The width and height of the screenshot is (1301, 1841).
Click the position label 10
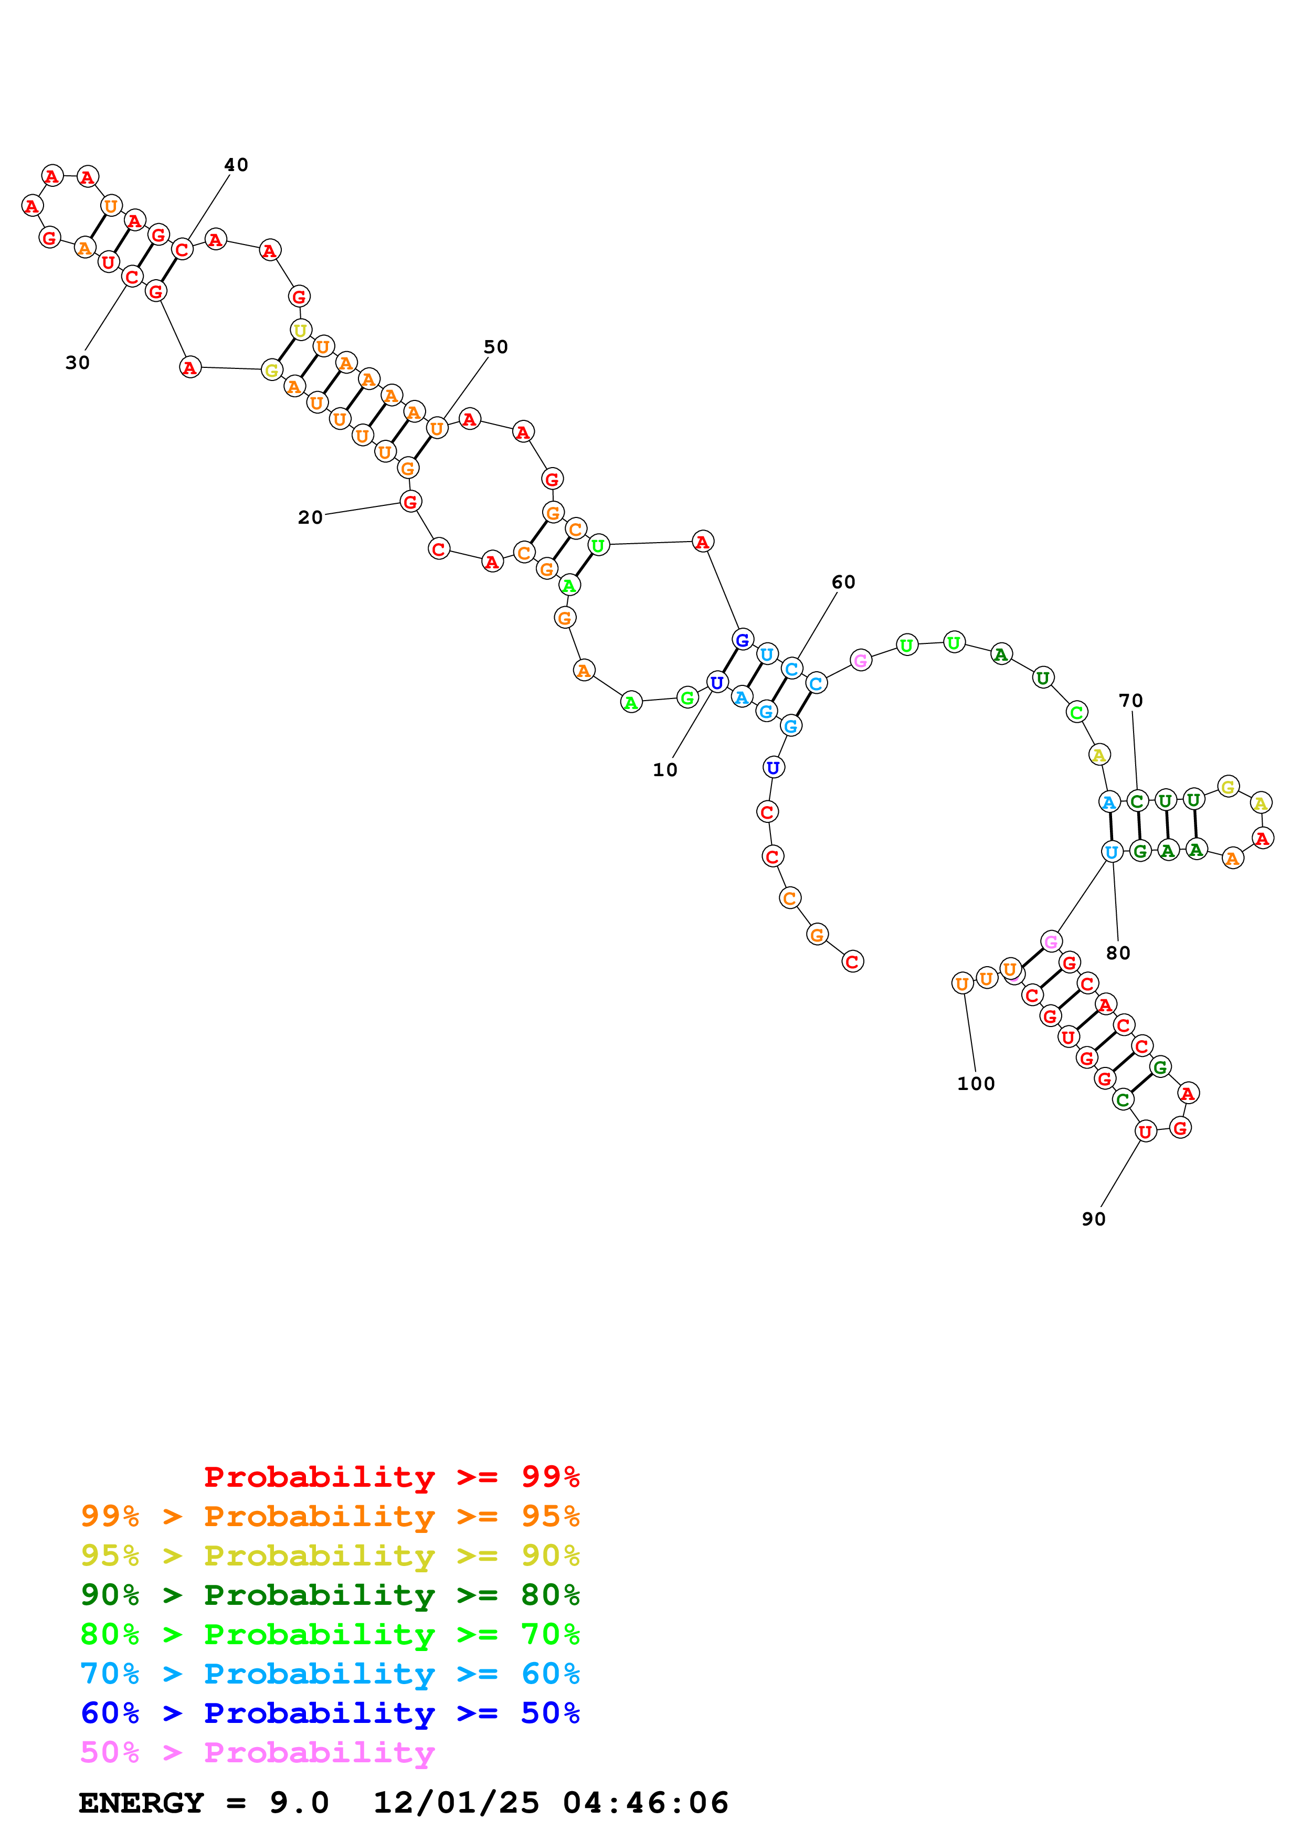[664, 770]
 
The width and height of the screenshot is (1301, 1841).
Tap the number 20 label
[310, 517]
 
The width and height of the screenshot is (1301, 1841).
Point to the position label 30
[78, 363]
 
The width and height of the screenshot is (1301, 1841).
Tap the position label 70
[1130, 700]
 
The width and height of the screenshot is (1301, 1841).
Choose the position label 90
[1093, 1219]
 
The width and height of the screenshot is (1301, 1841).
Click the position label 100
[976, 1083]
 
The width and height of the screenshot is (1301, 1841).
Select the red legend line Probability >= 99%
[391, 1476]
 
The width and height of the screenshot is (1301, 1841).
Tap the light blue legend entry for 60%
[330, 1674]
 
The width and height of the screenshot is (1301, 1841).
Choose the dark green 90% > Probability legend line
[330, 1595]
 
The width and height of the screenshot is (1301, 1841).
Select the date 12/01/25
[456, 1803]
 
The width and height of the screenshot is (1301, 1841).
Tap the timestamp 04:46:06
[646, 1803]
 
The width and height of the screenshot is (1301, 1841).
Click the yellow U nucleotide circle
[300, 330]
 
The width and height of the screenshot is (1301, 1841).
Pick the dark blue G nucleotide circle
[742, 639]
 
